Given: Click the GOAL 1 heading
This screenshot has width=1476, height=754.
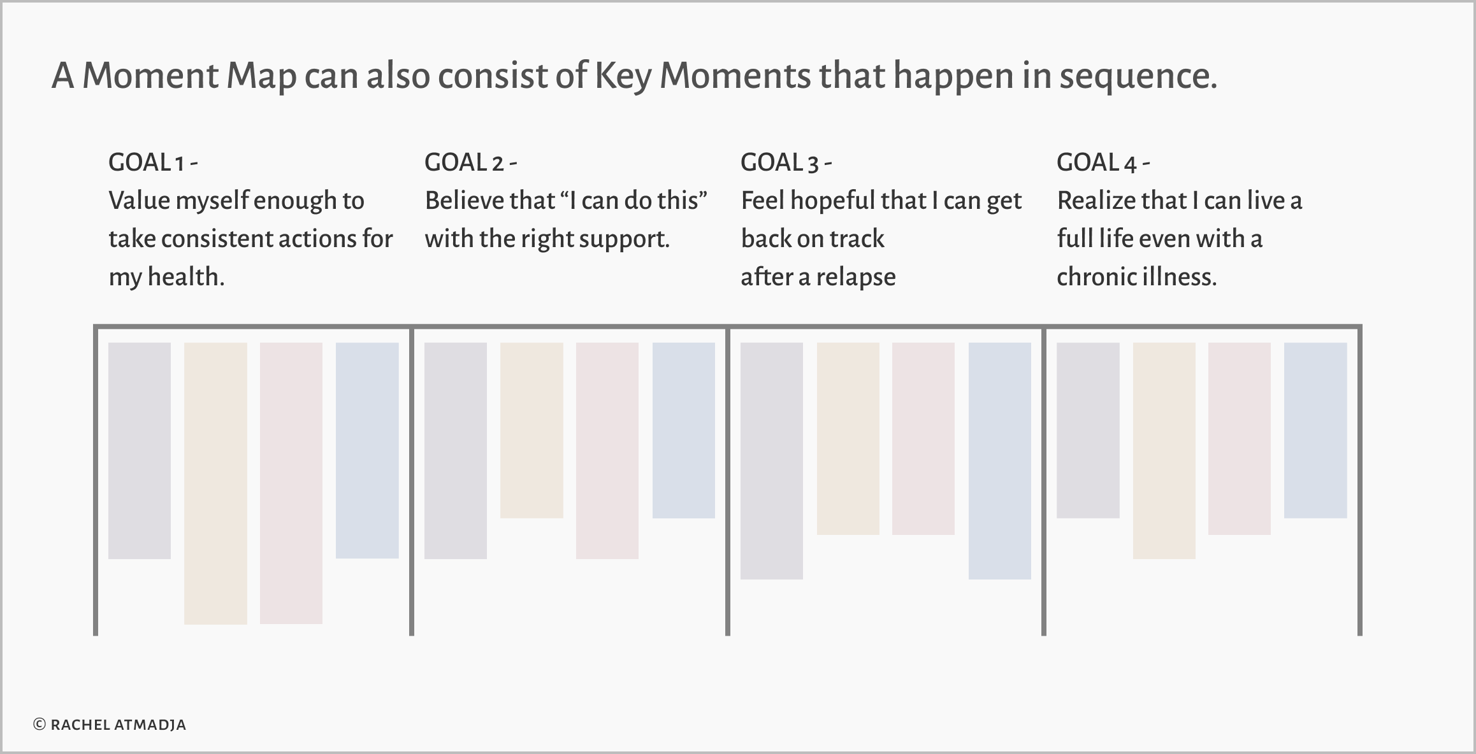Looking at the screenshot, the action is (153, 163).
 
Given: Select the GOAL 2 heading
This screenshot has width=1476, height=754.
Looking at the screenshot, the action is (470, 163).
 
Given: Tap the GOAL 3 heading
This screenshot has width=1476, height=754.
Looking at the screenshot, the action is (786, 163).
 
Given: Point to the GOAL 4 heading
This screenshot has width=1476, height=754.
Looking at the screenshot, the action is (1103, 163).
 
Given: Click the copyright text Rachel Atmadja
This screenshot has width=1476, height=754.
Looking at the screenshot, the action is (110, 725).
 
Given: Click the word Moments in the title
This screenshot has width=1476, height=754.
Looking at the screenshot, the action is (735, 76).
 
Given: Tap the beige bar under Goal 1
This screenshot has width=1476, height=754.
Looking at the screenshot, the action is (215, 483).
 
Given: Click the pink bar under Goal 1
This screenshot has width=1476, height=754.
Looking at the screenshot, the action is (291, 483).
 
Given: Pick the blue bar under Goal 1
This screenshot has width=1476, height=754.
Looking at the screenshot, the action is (367, 450).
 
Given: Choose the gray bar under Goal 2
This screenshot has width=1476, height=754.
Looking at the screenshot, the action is (456, 450).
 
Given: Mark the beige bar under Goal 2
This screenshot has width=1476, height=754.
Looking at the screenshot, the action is (532, 430).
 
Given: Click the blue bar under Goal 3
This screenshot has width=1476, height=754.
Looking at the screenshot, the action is (1000, 461).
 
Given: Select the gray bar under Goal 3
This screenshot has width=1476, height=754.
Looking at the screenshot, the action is (772, 461).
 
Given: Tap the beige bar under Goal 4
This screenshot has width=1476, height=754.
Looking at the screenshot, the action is (1164, 450).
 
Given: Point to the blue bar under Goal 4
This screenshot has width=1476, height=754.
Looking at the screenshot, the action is (1315, 430).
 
